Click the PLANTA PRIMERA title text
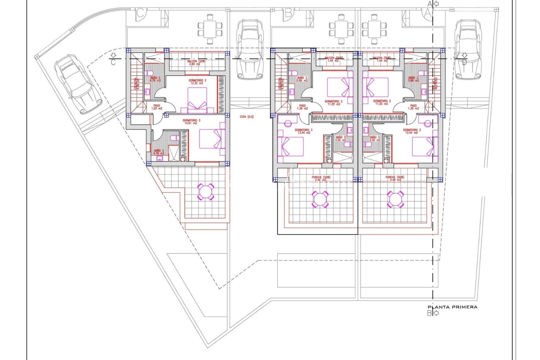452,307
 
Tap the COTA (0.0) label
247,117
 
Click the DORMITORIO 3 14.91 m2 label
191,122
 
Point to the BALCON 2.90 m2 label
196,63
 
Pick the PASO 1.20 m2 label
157,107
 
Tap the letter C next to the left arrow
113,62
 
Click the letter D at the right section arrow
464,62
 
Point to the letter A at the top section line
430,4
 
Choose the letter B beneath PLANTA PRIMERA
429,313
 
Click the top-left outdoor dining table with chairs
210,29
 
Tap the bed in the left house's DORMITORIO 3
212,139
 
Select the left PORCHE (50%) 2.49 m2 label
321,179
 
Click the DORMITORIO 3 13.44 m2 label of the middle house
303,131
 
